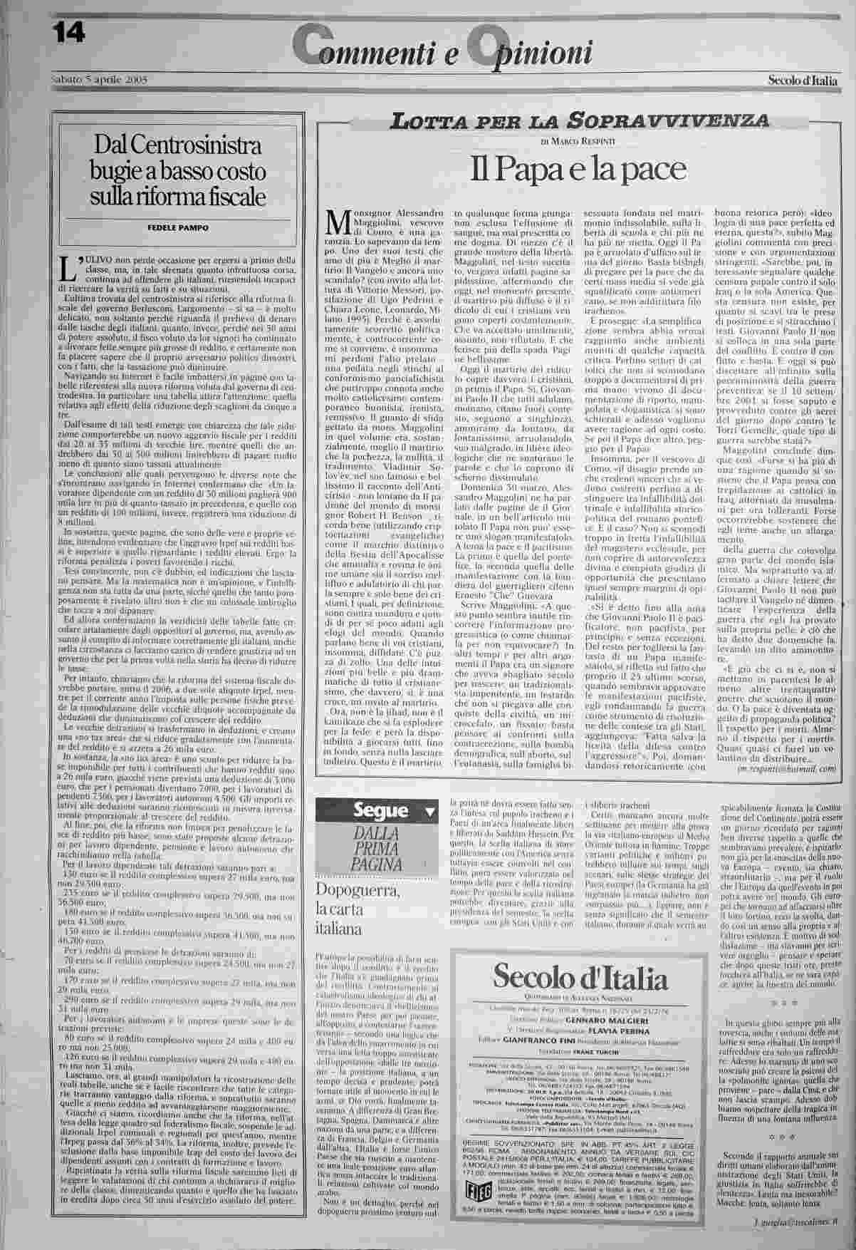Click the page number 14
point(68,29)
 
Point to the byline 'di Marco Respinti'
point(578,142)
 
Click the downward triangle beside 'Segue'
point(429,812)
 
